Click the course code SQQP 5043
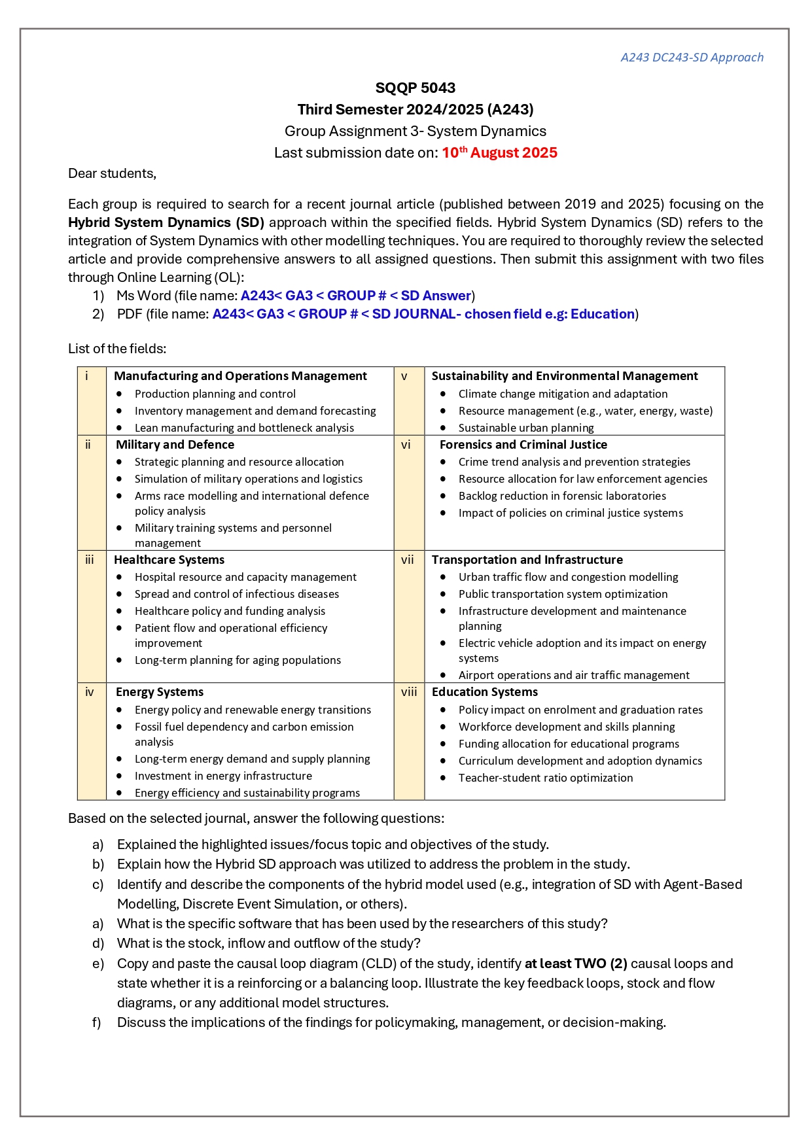click(415, 88)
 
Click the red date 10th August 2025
click(499, 153)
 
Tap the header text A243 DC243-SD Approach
click(692, 58)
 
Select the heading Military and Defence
click(175, 445)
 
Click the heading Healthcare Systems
click(169, 560)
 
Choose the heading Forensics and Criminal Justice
click(523, 445)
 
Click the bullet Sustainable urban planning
click(526, 428)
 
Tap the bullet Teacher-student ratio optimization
click(546, 778)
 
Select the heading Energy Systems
click(160, 692)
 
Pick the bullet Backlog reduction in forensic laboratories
click(562, 496)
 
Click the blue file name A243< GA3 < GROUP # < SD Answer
click(355, 296)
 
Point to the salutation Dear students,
click(112, 173)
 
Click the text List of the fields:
click(117, 349)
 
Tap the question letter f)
click(97, 1022)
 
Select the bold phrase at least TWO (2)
click(576, 964)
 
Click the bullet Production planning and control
click(215, 394)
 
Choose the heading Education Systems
click(484, 692)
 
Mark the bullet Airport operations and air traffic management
click(574, 675)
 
